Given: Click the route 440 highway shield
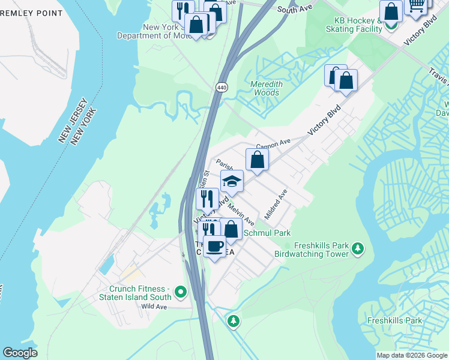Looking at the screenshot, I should (x=221, y=88).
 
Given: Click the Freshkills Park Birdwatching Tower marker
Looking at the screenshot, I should (x=358, y=248).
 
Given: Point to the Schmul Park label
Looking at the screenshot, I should (x=266, y=233).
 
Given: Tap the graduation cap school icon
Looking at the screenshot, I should (x=232, y=181).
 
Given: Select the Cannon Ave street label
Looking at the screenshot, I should (x=273, y=144).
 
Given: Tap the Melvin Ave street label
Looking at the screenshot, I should (x=241, y=214).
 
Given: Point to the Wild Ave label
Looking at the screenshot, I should (x=153, y=306).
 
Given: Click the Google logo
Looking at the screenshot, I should (x=20, y=353).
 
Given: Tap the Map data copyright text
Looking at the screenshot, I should (x=412, y=355).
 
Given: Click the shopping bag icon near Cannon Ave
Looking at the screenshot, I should (x=257, y=160).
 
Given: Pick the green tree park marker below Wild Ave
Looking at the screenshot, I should (x=233, y=321).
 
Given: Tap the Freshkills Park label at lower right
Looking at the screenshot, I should (x=394, y=320).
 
